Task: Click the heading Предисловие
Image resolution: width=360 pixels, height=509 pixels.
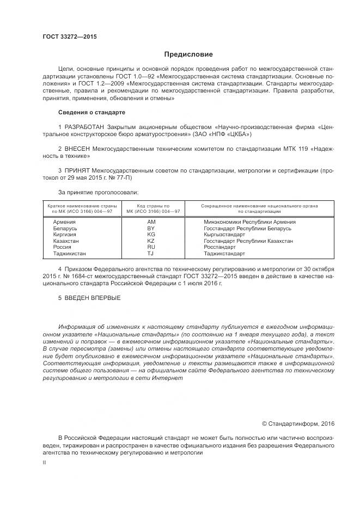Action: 189,54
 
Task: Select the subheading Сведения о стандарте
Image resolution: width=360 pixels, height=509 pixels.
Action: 91,113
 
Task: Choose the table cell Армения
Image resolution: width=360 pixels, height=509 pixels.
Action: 64,222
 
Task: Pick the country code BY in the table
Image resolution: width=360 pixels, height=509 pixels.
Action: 151,229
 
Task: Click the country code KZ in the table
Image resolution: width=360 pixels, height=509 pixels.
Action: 151,241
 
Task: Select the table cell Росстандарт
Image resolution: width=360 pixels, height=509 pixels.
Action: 219,247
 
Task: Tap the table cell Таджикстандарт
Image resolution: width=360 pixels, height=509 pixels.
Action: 224,253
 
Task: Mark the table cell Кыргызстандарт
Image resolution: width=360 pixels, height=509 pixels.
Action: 224,235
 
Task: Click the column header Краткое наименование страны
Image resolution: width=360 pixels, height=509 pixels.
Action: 82,206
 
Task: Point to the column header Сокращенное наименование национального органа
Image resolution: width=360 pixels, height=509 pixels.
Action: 259,206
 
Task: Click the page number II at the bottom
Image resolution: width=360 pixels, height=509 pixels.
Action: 44,462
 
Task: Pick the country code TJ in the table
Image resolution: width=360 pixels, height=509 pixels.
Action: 151,253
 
